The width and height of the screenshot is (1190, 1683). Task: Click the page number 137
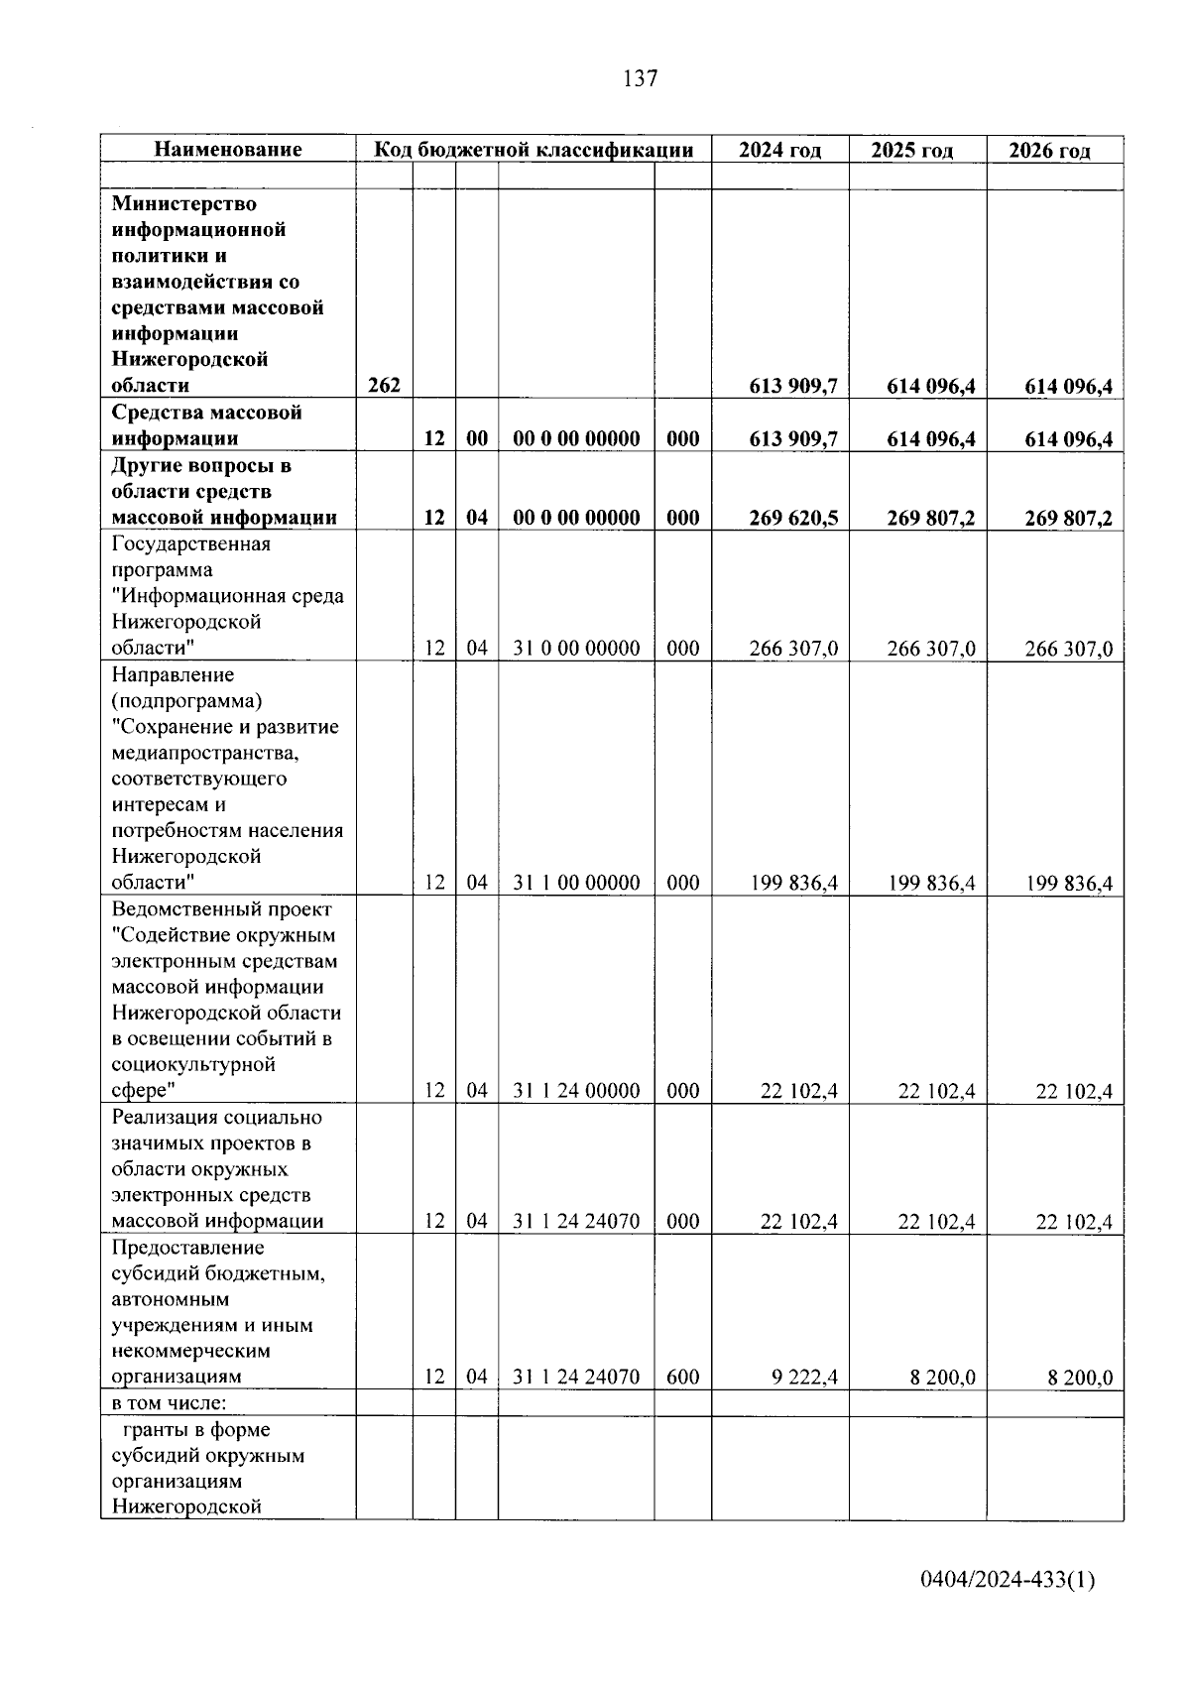click(x=641, y=78)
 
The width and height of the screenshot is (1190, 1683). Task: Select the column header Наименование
click(x=228, y=150)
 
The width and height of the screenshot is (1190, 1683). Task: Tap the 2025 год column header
click(x=911, y=151)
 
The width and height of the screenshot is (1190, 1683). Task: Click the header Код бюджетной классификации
click(x=533, y=150)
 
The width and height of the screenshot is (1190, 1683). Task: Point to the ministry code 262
click(x=384, y=386)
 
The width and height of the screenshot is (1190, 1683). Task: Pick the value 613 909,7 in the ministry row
click(x=793, y=387)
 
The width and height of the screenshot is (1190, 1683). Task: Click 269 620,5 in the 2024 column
click(x=793, y=518)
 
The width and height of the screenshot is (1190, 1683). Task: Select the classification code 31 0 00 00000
click(x=576, y=649)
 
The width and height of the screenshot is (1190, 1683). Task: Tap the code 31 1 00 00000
click(x=576, y=883)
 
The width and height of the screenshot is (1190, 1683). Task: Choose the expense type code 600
click(x=682, y=1377)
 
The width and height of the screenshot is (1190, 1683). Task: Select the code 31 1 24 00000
click(x=576, y=1091)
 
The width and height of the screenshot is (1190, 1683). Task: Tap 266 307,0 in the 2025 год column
click(x=930, y=650)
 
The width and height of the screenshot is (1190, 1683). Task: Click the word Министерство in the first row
click(x=183, y=203)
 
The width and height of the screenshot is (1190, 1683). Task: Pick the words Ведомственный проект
click(x=221, y=909)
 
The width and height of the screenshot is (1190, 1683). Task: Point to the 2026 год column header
click(x=1049, y=151)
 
